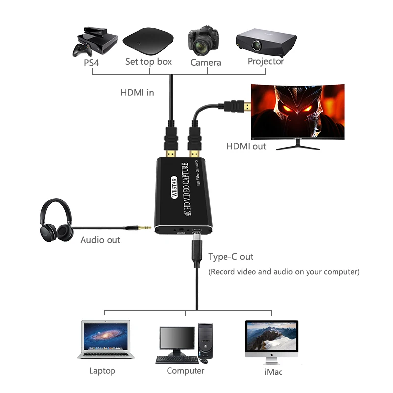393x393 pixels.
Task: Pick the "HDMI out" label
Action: click(x=247, y=146)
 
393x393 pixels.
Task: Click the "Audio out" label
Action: click(x=100, y=240)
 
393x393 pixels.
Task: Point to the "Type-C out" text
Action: click(x=231, y=257)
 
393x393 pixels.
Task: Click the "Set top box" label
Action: click(x=148, y=62)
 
